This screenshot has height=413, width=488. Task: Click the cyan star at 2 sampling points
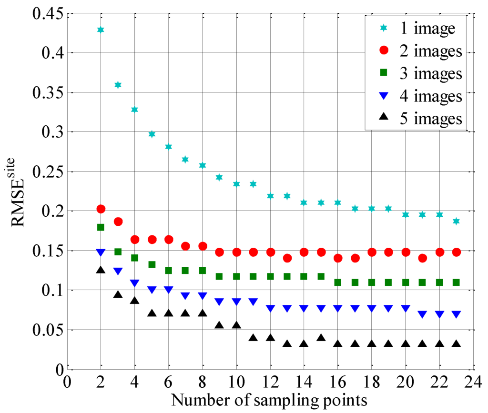click(101, 30)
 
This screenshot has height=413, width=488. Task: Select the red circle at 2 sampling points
click(101, 209)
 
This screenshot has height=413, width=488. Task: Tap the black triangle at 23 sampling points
click(456, 343)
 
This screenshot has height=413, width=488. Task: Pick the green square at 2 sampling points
click(101, 227)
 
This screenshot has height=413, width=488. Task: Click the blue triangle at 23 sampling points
click(456, 314)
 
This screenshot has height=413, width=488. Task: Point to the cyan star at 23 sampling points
click(456, 221)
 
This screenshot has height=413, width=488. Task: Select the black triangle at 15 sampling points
click(321, 338)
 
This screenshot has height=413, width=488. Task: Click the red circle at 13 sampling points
click(287, 258)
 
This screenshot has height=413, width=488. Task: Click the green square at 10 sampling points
click(236, 276)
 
